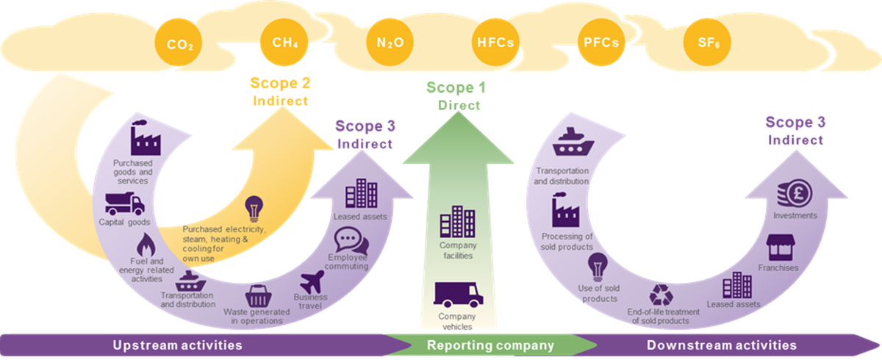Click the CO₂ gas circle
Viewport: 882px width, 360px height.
(x=179, y=45)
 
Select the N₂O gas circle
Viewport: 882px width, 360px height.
(x=385, y=43)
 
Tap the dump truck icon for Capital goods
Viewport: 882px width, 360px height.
(x=124, y=202)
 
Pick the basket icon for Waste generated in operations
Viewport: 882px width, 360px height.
(x=257, y=295)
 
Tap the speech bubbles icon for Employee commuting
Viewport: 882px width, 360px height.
(x=348, y=240)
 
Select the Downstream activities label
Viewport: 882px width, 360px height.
(x=721, y=345)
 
